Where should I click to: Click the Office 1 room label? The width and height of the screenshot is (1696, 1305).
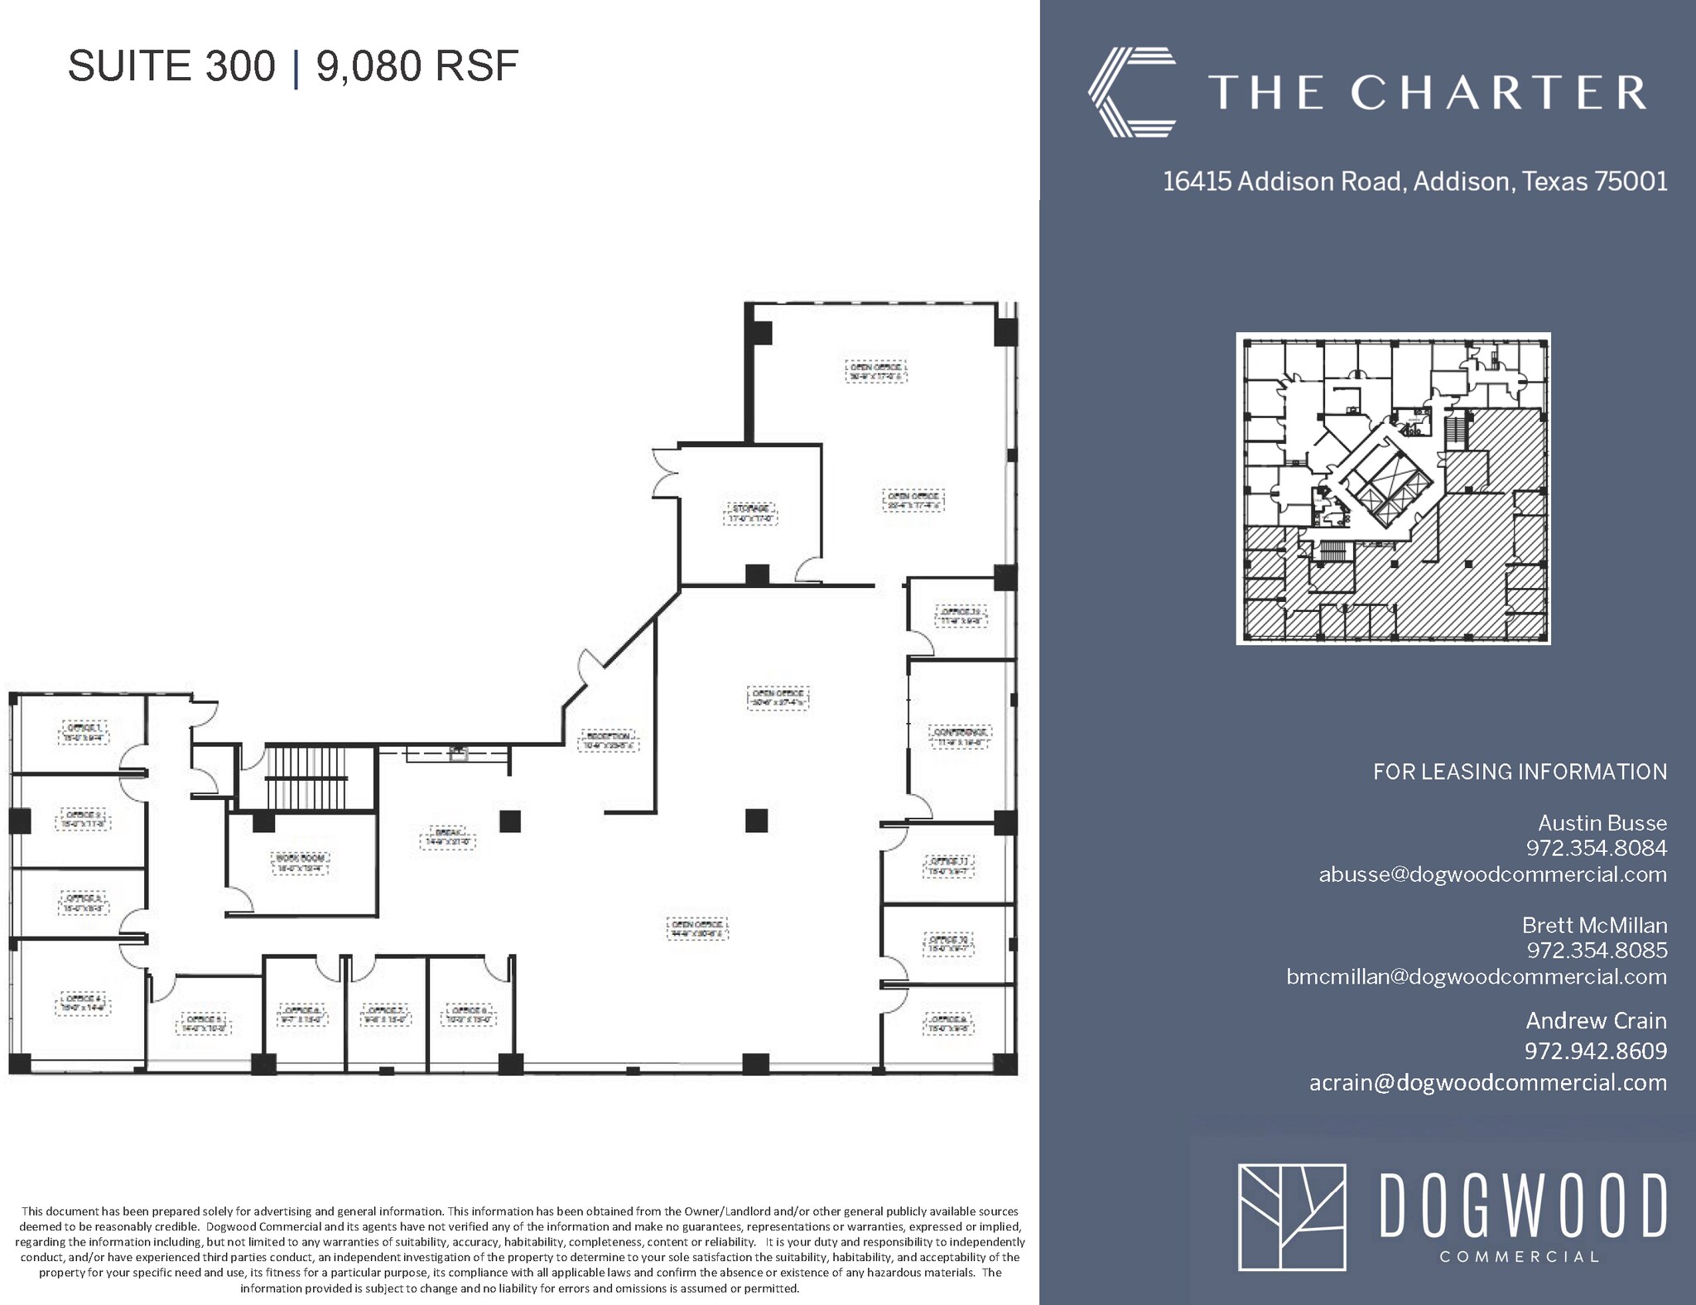click(x=83, y=730)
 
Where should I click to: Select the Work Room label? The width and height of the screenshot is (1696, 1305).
click(x=300, y=863)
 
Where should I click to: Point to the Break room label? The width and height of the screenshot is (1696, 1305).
click(x=448, y=836)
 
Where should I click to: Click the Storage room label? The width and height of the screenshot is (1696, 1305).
click(x=750, y=513)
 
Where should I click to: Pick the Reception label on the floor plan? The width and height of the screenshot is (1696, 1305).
click(x=608, y=739)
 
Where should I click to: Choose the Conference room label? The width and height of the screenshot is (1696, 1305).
click(x=961, y=737)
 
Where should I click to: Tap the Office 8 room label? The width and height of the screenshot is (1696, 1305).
click(x=948, y=1023)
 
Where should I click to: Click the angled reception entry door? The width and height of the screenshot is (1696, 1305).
click(x=593, y=667)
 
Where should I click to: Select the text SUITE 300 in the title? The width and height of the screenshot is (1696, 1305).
click(x=171, y=66)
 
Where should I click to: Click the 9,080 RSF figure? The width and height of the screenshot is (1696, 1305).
click(x=417, y=66)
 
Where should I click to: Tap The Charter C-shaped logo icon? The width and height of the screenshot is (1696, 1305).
click(x=1131, y=92)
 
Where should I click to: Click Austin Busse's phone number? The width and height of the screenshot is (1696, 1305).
click(x=1597, y=848)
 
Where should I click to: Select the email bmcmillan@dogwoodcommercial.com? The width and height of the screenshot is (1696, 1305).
click(x=1476, y=976)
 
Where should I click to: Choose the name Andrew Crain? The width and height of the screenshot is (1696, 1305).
click(x=1596, y=1020)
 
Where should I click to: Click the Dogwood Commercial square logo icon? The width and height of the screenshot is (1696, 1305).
click(x=1291, y=1216)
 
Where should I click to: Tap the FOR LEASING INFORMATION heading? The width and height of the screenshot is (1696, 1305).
click(x=1520, y=772)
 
